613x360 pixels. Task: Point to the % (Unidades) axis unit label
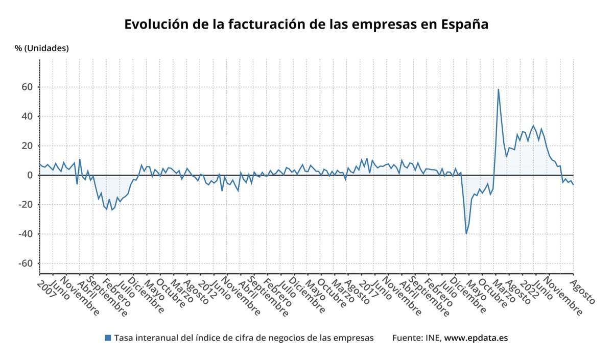tap(42, 49)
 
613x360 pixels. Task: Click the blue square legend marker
tap(107, 338)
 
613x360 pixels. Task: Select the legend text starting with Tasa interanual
tap(244, 338)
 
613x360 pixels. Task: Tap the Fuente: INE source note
tap(417, 338)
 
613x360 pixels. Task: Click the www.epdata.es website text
tap(476, 338)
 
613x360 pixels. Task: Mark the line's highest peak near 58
tap(498, 90)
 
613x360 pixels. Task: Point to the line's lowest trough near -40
tap(466, 233)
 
